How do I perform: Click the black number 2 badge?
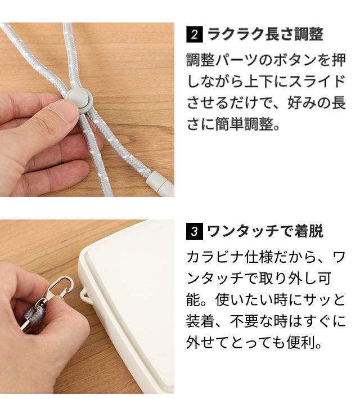195,34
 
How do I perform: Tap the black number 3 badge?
195,231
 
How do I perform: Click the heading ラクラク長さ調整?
265,34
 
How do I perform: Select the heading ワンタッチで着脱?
265,231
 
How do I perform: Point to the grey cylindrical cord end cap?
160,184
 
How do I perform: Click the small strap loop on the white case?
85,294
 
